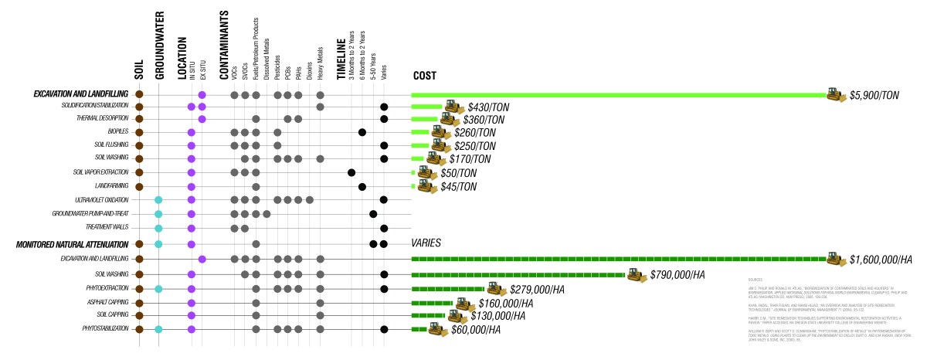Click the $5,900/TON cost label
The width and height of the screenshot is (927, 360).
(874, 95)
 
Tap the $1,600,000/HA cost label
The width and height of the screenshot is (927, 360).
(880, 260)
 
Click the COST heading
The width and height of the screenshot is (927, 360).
(425, 76)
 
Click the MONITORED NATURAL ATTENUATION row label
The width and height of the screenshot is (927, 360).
(73, 244)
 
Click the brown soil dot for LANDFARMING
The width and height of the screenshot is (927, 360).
(139, 186)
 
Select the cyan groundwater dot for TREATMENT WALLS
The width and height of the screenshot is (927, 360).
(158, 228)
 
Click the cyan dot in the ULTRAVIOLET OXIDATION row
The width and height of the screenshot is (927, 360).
(158, 200)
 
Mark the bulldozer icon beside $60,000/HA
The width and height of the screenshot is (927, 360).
(438, 330)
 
